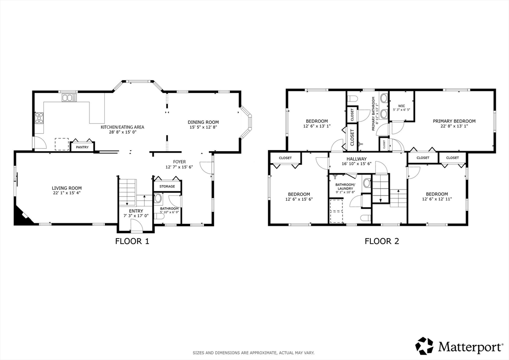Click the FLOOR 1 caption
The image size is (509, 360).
(132, 242)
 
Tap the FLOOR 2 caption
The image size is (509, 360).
(382, 242)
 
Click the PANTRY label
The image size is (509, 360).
(82, 147)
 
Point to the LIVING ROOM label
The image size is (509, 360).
(67, 188)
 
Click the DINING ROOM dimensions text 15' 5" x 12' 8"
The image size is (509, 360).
(203, 128)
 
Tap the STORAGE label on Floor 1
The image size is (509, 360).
(167, 186)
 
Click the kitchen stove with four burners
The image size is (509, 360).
(39, 118)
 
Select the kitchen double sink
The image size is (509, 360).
(68, 98)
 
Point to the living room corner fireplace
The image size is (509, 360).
(22, 216)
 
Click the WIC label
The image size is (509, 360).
(401, 105)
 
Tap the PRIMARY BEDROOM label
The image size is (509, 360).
(454, 121)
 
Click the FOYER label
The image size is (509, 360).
(179, 162)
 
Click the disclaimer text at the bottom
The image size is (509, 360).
(254, 353)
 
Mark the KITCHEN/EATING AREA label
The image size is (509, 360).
(126, 127)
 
